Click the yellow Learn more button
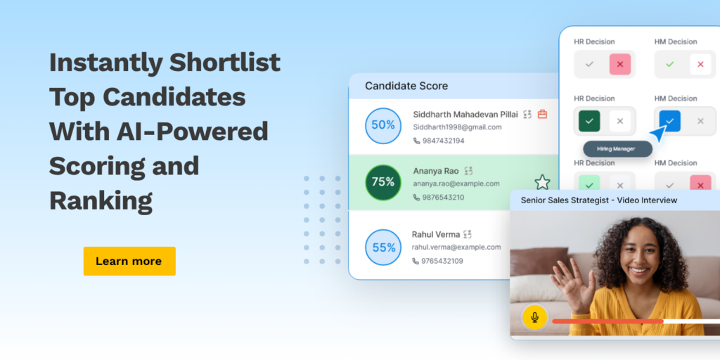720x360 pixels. point(129,262)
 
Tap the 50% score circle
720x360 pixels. point(383,126)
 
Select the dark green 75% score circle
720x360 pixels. point(383,182)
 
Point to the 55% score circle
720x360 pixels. point(383,247)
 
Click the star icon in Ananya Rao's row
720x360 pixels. point(542,182)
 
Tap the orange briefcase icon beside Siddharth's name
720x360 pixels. point(542,114)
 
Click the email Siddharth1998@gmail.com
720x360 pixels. point(457,127)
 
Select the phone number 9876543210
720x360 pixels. point(443,198)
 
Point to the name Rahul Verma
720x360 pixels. point(436,234)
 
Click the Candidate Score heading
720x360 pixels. point(406,86)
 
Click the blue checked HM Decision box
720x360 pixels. point(670,121)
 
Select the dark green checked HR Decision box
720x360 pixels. point(590,121)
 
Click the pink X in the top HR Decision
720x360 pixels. point(620,64)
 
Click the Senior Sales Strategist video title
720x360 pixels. point(599,200)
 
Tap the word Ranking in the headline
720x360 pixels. point(101,200)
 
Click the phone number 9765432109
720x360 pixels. point(443,262)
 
